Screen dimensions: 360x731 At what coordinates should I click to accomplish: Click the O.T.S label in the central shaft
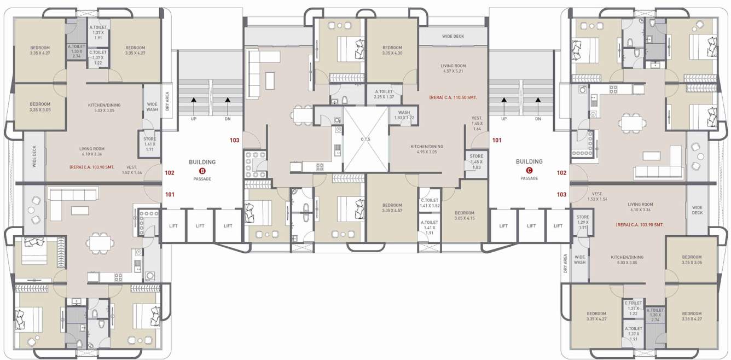point(365,140)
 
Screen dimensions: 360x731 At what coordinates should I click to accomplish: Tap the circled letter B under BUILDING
point(202,171)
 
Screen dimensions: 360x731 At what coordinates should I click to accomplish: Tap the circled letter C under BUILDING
point(529,170)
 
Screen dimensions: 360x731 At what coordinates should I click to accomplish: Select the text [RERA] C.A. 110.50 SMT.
point(452,97)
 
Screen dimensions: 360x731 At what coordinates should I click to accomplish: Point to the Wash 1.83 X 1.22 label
point(402,115)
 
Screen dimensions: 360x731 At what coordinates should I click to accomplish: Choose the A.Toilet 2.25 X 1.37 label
point(385,94)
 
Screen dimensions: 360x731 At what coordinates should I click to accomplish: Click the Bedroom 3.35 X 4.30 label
point(392,50)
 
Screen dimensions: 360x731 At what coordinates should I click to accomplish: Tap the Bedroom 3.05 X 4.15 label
point(464,216)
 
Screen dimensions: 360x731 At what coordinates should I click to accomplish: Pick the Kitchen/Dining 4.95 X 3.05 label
point(427,149)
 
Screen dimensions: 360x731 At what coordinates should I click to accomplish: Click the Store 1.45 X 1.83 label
point(476,162)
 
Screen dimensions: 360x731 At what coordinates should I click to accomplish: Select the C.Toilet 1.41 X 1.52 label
point(430,203)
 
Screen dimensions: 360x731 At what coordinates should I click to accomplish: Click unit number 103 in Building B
point(234,140)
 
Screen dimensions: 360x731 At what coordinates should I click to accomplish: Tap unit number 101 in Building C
point(496,140)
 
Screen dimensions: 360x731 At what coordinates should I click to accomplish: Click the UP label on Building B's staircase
point(193,119)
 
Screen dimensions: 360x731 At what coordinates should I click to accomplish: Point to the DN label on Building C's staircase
point(538,119)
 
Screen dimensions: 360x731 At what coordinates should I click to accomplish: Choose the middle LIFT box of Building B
point(201,226)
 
